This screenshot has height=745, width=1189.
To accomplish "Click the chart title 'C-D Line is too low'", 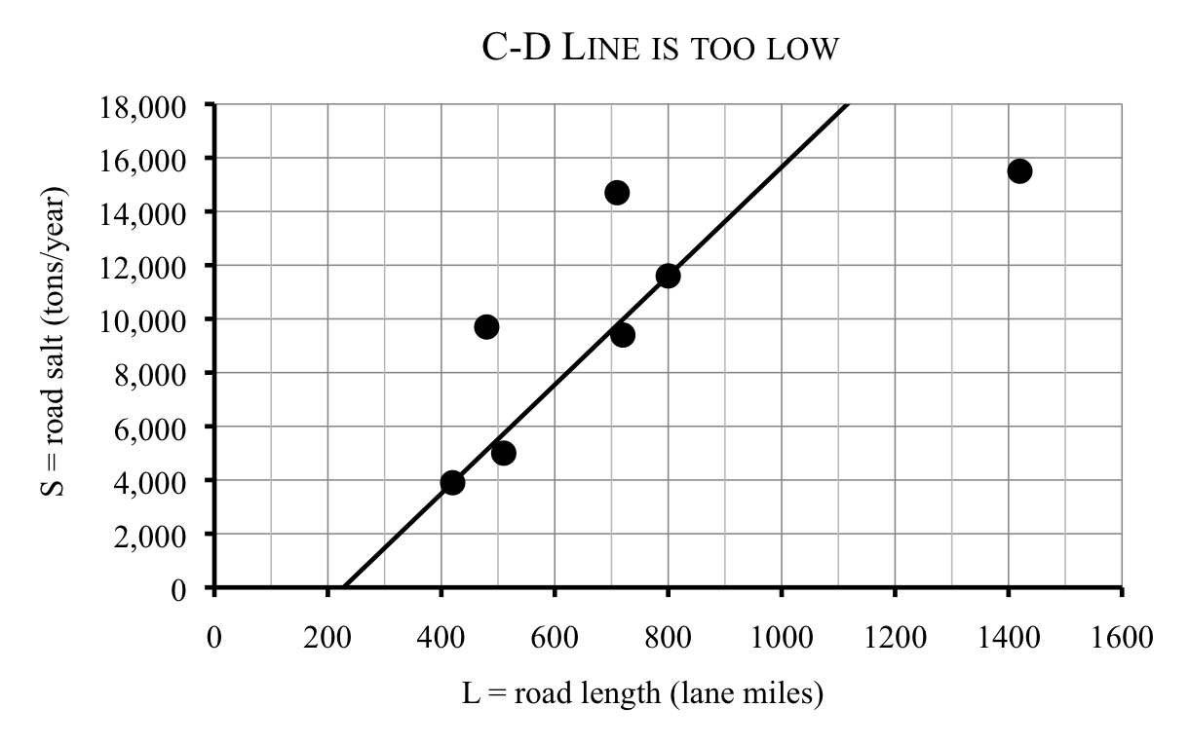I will pos(660,49).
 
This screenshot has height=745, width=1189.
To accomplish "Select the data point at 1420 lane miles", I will pos(1019,171).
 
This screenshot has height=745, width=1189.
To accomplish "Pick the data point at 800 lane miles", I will pos(668,276).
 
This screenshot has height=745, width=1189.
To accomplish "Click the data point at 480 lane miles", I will pos(486,327).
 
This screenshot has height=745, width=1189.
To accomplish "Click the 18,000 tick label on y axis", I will pos(144,105).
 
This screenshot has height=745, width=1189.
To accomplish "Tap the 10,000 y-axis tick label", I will pos(144,320).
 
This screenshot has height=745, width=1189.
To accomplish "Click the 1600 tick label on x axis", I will pos(1121,639).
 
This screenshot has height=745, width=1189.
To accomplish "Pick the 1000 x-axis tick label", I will pos(781,639).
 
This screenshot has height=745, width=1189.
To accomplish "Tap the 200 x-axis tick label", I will pos(327,639).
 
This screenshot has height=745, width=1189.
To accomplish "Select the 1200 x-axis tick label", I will pos(895,639).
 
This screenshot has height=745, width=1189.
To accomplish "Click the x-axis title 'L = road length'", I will pos(643,694).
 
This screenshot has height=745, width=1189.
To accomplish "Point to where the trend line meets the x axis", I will pos(343,588).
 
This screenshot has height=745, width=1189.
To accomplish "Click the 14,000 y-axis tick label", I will pos(144,213).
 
